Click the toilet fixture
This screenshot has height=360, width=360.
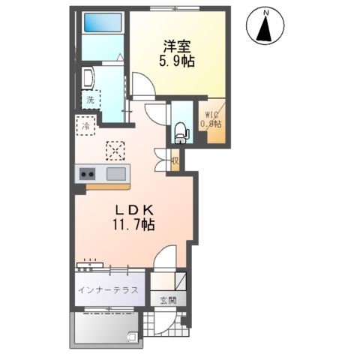(x=180, y=133)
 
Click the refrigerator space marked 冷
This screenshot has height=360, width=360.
(x=85, y=125)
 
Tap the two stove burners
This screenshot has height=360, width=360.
(x=86, y=174)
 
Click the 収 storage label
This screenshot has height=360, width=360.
(x=174, y=160)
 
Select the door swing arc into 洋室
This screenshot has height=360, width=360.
(x=142, y=85)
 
